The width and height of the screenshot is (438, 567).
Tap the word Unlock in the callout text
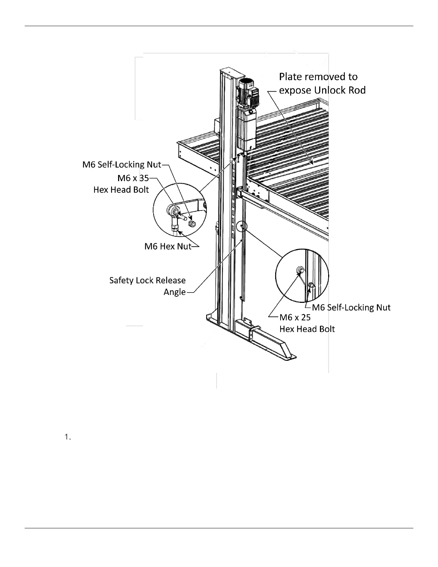(x=328, y=90)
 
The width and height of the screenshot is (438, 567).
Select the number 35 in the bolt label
(x=144, y=178)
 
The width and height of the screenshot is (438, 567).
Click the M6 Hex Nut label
(x=168, y=246)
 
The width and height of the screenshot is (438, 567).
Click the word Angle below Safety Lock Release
(x=175, y=292)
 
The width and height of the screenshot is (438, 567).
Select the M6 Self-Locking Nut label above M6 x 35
(x=122, y=165)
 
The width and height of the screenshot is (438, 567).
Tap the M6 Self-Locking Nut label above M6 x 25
(x=351, y=307)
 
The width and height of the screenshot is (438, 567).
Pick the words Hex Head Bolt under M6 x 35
(x=121, y=189)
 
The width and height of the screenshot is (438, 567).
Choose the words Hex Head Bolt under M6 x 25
(x=307, y=329)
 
